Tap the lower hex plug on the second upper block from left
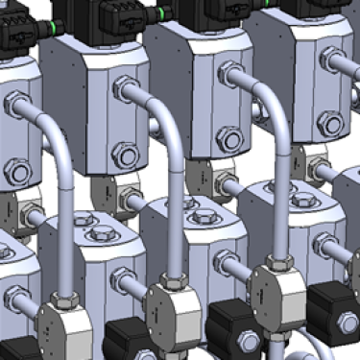[125, 153]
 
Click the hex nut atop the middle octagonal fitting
[174, 281]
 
